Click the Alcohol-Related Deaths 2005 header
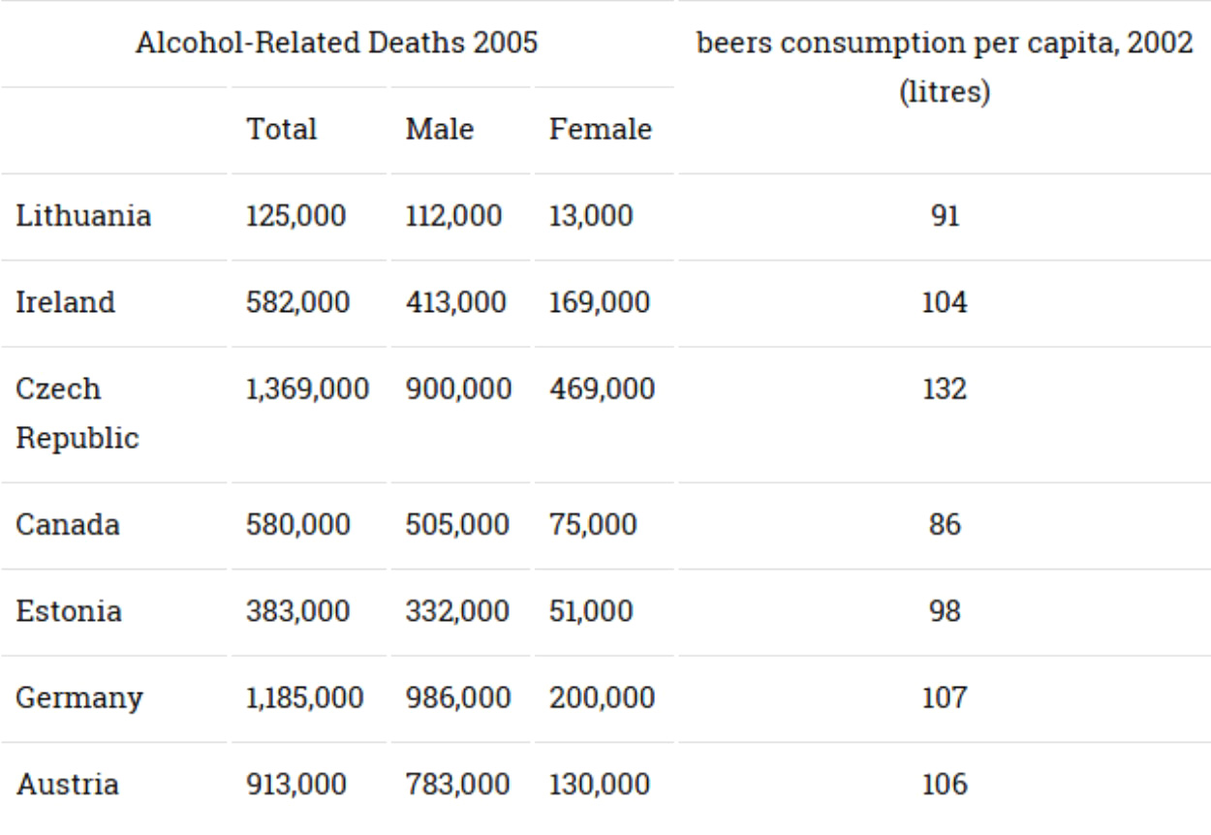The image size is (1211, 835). (336, 44)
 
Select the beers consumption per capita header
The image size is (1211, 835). (944, 44)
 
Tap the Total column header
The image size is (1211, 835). (281, 129)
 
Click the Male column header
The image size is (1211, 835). (440, 129)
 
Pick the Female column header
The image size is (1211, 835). (601, 129)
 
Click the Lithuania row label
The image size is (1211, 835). (83, 215)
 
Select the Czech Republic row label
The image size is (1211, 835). (78, 413)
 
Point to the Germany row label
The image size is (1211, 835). (79, 696)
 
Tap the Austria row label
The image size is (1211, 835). (67, 783)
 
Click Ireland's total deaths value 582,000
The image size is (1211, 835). (295, 302)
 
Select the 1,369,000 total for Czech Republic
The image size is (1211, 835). (307, 389)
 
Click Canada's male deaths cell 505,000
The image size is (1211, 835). (456, 525)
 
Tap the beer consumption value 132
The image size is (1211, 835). (944, 389)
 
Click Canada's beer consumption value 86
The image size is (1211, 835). (944, 525)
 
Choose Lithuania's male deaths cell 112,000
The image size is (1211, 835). (453, 215)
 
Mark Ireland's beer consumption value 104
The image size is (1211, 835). (944, 302)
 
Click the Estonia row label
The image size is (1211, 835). (69, 611)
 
